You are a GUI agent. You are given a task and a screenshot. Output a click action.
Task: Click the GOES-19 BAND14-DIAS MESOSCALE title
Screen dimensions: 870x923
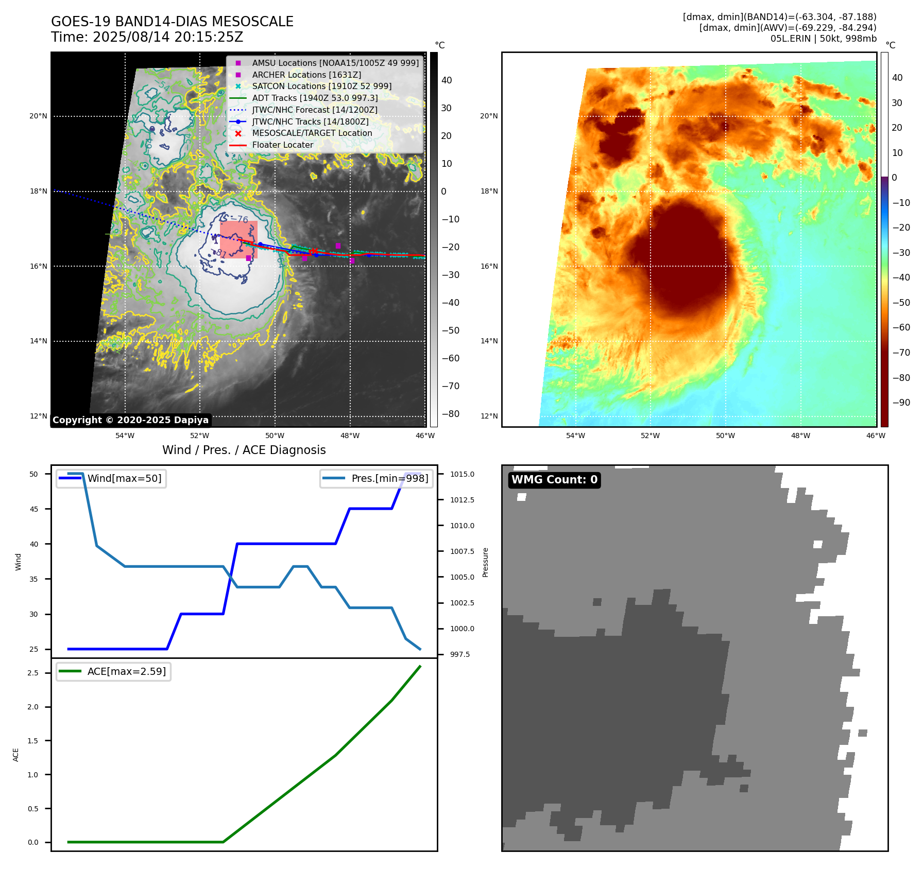click(172, 22)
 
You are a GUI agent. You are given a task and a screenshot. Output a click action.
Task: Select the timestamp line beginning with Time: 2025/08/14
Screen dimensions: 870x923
click(147, 37)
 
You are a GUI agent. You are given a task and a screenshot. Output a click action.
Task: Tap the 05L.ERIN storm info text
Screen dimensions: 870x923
click(823, 39)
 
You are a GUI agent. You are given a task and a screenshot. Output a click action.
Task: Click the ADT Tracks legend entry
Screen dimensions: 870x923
click(315, 98)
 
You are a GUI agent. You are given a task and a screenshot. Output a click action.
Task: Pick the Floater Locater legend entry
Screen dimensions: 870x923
click(282, 145)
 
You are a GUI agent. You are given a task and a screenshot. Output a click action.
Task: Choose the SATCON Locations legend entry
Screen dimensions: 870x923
click(321, 86)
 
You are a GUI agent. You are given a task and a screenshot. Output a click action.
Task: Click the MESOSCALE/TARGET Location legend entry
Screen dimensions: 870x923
click(312, 133)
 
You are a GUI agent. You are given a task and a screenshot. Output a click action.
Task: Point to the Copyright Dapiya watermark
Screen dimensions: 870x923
click(130, 420)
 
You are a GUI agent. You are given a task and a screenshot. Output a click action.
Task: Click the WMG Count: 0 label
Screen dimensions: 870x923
click(554, 480)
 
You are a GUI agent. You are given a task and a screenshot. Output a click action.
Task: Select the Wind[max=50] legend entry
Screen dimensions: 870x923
click(124, 479)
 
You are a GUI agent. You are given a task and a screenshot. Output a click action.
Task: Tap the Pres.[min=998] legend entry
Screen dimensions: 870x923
click(389, 479)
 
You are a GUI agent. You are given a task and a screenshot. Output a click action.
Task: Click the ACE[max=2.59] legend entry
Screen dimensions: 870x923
click(126, 672)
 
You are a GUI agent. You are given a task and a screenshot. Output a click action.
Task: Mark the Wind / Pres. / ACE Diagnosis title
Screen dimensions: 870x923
click(244, 450)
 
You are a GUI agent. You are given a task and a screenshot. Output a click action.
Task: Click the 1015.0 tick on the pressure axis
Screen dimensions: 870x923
click(462, 474)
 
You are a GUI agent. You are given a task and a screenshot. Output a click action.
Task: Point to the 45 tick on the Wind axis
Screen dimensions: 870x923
click(34, 509)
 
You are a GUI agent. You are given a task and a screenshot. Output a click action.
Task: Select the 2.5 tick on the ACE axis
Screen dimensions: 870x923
click(33, 673)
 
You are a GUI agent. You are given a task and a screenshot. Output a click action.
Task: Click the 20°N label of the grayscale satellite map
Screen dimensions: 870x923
click(38, 116)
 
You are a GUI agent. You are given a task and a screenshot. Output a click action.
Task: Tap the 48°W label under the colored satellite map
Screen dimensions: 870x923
click(800, 436)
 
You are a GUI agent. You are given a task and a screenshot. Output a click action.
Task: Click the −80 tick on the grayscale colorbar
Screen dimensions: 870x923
click(450, 414)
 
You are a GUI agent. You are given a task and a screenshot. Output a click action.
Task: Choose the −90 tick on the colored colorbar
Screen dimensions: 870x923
click(901, 403)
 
